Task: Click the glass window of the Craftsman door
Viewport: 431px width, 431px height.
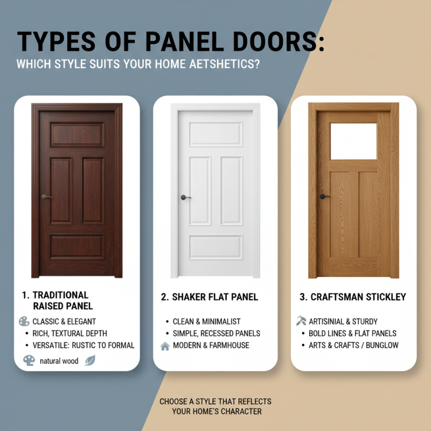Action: [x=353, y=141]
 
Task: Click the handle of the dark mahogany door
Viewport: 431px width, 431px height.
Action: [x=45, y=197]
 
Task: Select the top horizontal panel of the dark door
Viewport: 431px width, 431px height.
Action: [x=77, y=135]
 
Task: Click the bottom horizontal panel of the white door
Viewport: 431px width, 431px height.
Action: [x=215, y=247]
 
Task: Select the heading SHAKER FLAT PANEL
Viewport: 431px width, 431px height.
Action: [x=214, y=297]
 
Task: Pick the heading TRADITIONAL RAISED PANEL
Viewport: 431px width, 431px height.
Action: [x=62, y=301]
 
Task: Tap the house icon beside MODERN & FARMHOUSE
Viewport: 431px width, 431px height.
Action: [x=165, y=346]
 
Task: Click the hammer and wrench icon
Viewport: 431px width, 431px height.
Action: [x=301, y=321]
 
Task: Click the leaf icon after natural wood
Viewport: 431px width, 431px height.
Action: [x=89, y=361]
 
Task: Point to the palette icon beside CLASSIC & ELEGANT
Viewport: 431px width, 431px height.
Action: [x=24, y=322]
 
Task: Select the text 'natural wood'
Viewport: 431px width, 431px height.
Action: [x=59, y=361]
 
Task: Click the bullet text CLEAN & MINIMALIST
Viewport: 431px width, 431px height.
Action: [x=207, y=322]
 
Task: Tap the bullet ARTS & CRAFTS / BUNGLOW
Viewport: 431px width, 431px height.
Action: [x=353, y=345]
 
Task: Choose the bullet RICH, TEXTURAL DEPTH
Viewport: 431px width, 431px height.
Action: [x=69, y=333]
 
